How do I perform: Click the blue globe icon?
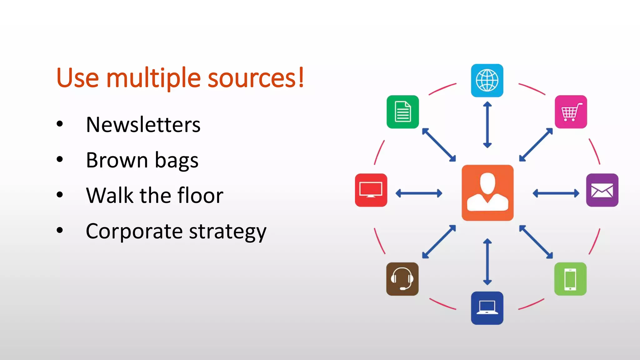coord(487,80)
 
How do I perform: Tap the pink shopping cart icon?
coord(571,112)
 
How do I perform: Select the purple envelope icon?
coord(602,190)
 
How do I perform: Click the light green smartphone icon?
coord(570,279)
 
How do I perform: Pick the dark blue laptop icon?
coord(487,308)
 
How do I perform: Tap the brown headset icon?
coord(402,279)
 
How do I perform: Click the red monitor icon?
coord(371,190)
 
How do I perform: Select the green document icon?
coord(402,112)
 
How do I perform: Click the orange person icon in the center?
coord(487,193)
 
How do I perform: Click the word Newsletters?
coord(143,125)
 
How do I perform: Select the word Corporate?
coord(134,231)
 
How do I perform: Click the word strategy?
coord(227,232)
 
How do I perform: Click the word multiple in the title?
coord(153,78)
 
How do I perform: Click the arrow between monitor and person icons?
coord(419,193)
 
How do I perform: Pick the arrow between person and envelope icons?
coord(556,193)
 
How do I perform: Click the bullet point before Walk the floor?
coord(60,195)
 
